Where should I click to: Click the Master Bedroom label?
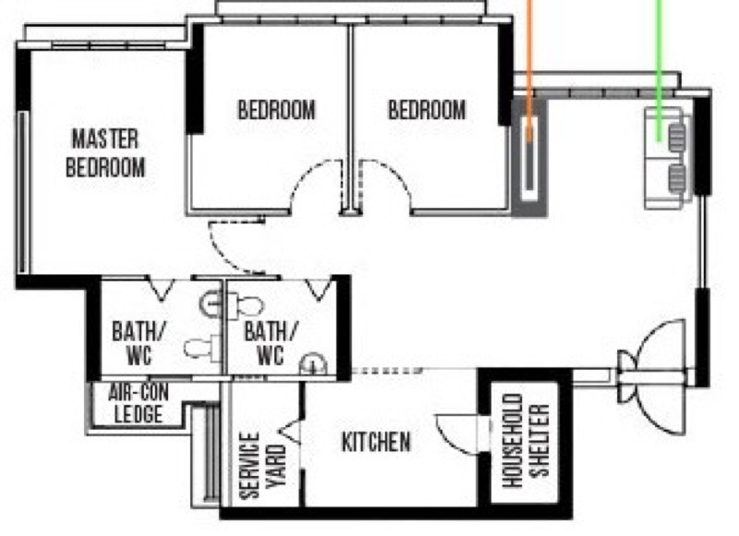105,153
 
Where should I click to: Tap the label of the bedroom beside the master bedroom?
276,110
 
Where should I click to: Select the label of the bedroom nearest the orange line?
427,110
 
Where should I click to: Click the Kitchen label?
376,442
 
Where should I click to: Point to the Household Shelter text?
526,441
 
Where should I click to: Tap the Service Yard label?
263,465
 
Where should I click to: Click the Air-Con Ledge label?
138,404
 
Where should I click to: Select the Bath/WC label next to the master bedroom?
139,343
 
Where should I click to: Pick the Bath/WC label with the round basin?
271,343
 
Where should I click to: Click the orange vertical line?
529,71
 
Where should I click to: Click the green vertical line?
659,71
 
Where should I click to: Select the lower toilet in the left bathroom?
202,348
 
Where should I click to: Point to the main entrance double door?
653,377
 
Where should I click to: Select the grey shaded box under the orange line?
529,158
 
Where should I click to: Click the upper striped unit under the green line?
677,137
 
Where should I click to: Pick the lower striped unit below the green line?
677,178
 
